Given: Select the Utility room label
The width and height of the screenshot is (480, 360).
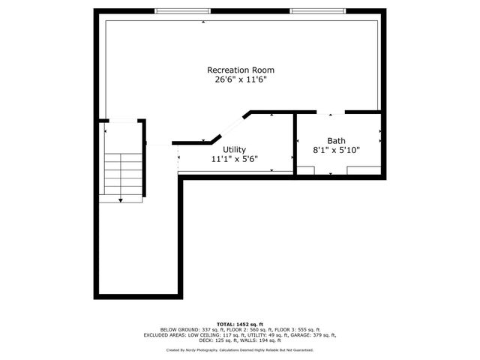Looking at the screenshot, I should pyautogui.click(x=234, y=150).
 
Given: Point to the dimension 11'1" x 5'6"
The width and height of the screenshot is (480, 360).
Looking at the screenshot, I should pyautogui.click(x=234, y=159).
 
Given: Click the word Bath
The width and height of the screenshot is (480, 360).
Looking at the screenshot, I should pyautogui.click(x=336, y=141).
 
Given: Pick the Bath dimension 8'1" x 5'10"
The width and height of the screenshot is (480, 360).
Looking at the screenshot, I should pyautogui.click(x=336, y=150).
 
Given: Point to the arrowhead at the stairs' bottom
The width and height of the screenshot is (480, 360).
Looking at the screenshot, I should pyautogui.click(x=121, y=200).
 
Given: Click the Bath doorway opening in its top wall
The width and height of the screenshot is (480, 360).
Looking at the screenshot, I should pyautogui.click(x=331, y=113).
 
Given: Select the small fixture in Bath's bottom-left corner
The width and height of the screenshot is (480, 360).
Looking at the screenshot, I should pyautogui.click(x=304, y=170).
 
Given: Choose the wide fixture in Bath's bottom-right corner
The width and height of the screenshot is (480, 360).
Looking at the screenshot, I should pyautogui.click(x=363, y=170).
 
